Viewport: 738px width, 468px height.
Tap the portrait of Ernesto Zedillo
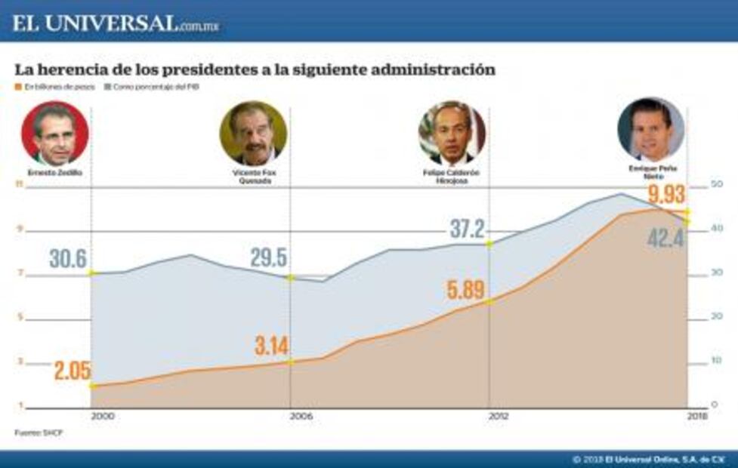[x=55, y=134]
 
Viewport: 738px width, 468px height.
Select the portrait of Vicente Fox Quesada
[x=253, y=134]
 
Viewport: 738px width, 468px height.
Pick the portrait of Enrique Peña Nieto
[x=650, y=129]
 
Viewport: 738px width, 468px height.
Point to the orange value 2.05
[x=72, y=371]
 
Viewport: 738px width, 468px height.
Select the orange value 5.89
[x=465, y=289]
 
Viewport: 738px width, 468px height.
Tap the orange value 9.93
[x=666, y=194]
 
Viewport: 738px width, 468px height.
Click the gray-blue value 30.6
[x=69, y=259]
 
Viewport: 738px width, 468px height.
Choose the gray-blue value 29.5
[x=268, y=257]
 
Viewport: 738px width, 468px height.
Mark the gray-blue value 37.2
[x=468, y=229]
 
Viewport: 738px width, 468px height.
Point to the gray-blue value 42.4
[x=665, y=239]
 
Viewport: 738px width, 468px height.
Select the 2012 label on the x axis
[x=499, y=416]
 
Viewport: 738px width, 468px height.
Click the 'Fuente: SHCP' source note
[x=33, y=433]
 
